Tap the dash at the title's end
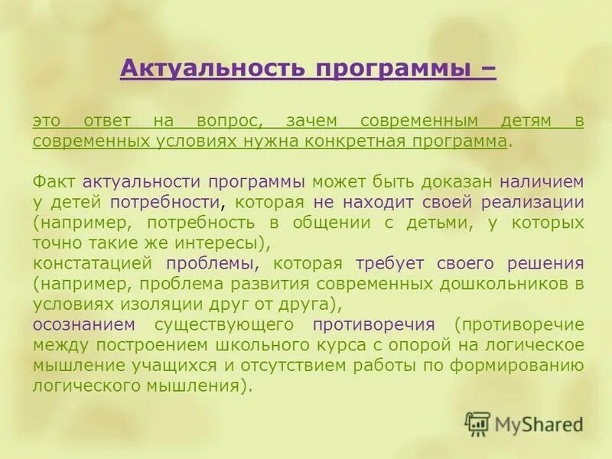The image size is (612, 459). click(487, 69)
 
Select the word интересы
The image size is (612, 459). click(221, 243)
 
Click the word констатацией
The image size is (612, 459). click(93, 264)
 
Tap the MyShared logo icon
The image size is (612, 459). click(477, 424)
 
